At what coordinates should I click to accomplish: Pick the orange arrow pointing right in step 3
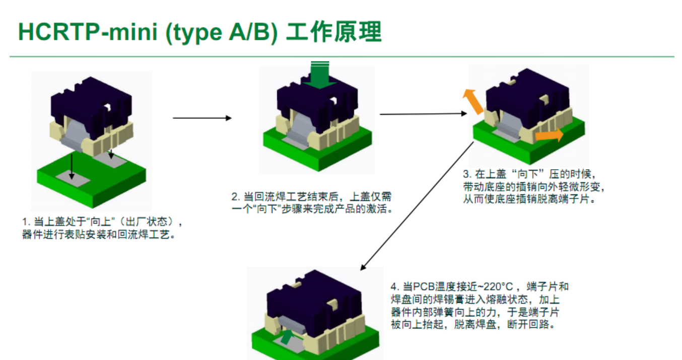pos(549,135)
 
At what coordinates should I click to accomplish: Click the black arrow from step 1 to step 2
pos(202,118)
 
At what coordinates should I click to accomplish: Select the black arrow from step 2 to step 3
pos(423,114)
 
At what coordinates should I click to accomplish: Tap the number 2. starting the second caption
pos(235,196)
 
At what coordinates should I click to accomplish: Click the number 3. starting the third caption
pos(466,174)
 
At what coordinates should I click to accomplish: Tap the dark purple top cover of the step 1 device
pos(91,103)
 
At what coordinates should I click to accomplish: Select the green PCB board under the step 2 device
pos(348,151)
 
